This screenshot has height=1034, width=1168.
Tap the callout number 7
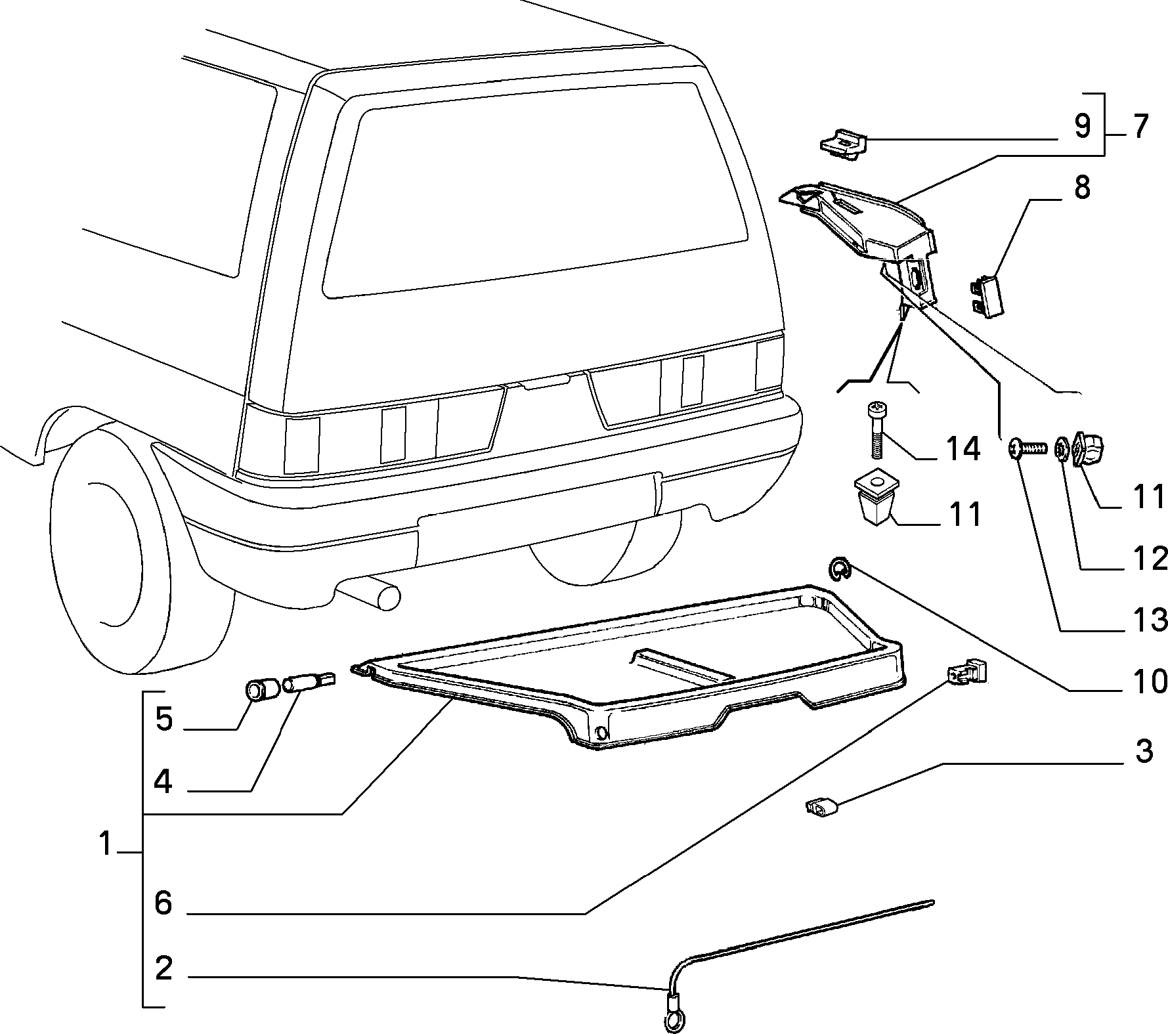coord(1139,126)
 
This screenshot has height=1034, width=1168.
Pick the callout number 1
coord(106,844)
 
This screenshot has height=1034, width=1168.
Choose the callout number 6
coord(163,903)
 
